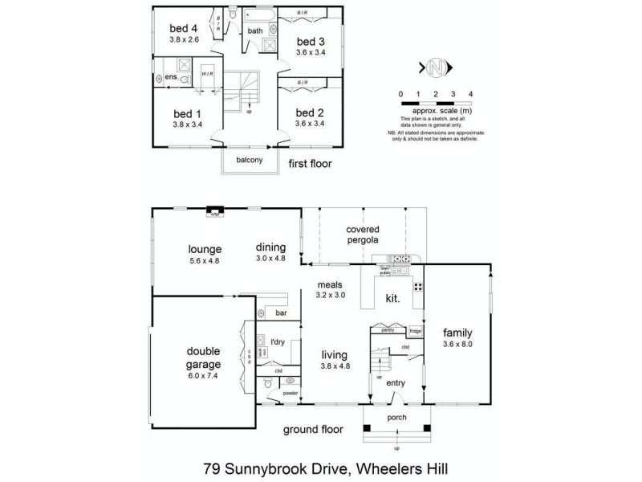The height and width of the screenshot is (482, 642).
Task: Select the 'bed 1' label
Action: (188, 115)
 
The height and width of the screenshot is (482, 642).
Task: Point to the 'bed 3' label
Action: (311, 42)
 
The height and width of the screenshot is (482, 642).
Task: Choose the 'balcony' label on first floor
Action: (249, 160)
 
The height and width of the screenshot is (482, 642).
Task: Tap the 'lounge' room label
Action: (205, 249)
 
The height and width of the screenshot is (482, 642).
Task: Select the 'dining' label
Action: (270, 247)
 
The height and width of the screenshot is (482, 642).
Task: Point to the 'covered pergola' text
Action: (362, 235)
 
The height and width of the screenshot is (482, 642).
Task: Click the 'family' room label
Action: (458, 333)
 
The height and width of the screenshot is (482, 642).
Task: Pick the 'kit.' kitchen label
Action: (392, 298)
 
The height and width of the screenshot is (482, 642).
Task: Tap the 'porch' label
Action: (396, 418)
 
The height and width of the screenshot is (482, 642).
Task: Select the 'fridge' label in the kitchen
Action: (415, 330)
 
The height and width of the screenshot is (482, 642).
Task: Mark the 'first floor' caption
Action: (309, 163)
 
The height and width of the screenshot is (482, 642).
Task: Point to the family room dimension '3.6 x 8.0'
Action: (458, 345)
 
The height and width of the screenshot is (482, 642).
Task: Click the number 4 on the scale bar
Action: (470, 95)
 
